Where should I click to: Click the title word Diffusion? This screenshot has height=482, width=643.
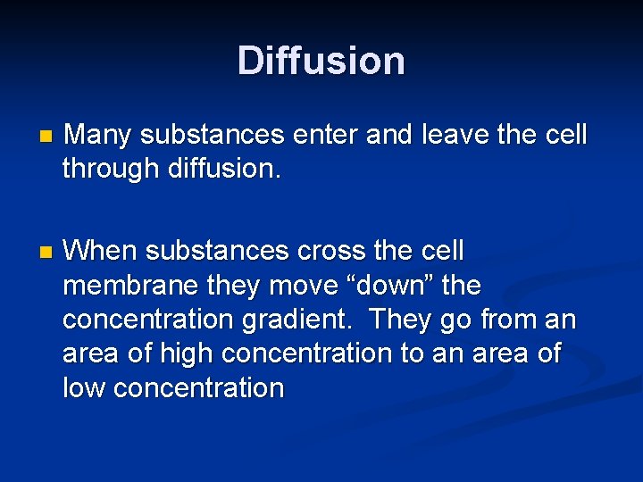pos(321,61)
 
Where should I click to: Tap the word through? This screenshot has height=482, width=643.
pos(111,170)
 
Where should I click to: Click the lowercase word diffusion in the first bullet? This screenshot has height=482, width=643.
pos(224,170)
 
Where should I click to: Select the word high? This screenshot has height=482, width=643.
pos(187,353)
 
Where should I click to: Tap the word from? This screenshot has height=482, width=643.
pos(508,320)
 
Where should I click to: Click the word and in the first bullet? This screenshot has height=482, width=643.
pos(388,136)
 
